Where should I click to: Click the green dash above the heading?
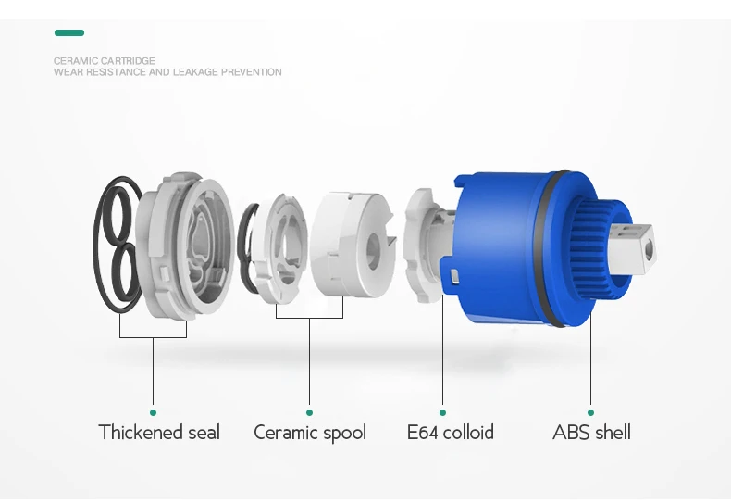(x=69, y=33)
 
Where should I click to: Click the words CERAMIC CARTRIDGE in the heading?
(x=105, y=61)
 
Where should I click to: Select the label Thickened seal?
(x=159, y=433)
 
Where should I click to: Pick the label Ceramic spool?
(x=310, y=433)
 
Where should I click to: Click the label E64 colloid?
(x=450, y=433)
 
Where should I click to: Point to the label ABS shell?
(x=591, y=433)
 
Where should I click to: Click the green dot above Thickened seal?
(x=153, y=412)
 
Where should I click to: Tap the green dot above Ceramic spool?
(x=309, y=412)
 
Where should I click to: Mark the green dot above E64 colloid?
(x=442, y=412)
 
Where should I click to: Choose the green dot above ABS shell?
(x=590, y=412)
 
